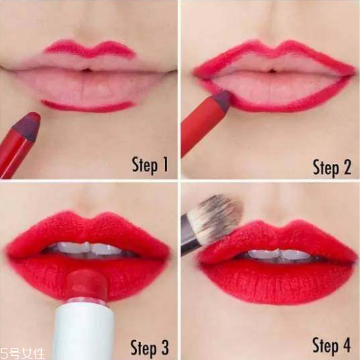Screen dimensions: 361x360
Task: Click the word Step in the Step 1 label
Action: (x=145, y=165)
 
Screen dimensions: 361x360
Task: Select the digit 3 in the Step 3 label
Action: (x=164, y=348)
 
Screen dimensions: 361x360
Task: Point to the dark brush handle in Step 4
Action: (x=190, y=235)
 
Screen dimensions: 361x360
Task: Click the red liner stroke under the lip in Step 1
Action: (x=87, y=106)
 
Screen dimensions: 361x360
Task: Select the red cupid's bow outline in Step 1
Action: (x=90, y=49)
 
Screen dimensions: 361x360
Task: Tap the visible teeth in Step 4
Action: (x=279, y=254)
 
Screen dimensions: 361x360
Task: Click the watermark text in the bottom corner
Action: (x=23, y=354)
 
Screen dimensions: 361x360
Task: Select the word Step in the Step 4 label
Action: (x=325, y=346)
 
